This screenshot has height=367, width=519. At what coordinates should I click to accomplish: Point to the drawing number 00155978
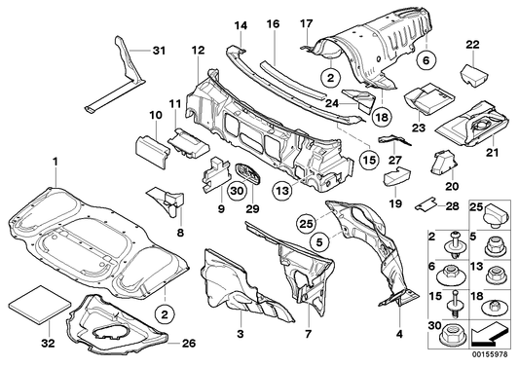[496, 359]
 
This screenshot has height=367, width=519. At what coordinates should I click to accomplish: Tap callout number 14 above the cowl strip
[241, 22]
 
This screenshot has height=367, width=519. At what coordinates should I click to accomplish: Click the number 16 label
[273, 22]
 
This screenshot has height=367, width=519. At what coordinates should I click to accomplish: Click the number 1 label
[56, 160]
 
